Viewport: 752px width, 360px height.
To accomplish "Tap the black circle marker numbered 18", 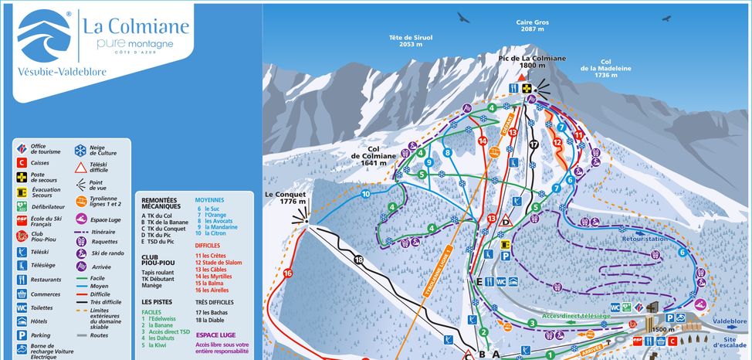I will (x=358, y=260).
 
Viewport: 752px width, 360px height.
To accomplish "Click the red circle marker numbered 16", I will (x=287, y=273).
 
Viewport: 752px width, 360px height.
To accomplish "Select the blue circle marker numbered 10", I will (x=365, y=193).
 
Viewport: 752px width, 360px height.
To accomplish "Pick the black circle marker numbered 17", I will (x=533, y=144).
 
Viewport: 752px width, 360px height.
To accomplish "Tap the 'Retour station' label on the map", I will (x=644, y=239).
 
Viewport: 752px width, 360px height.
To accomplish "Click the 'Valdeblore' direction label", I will (x=730, y=321).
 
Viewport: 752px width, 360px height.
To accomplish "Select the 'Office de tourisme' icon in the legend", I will (x=22, y=148).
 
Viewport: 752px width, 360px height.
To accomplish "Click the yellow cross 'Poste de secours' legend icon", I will (x=22, y=177).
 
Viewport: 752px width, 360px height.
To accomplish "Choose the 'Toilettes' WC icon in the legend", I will (x=22, y=307).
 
